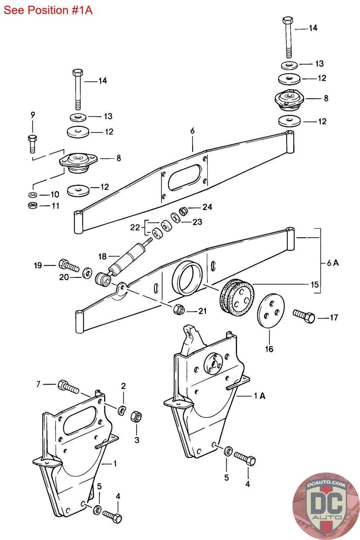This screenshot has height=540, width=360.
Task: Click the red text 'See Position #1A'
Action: [x=48, y=10]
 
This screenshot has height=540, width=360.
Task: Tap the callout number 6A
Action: [x=333, y=263]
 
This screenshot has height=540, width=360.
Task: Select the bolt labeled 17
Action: [x=304, y=316]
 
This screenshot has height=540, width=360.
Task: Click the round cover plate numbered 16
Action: [x=271, y=310]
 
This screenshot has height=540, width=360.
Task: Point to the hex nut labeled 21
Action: [x=179, y=309]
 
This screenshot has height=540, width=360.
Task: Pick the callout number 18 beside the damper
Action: [x=103, y=256]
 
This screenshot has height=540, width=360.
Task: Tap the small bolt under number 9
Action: [x=32, y=144]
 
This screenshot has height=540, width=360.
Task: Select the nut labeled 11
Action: [x=32, y=206]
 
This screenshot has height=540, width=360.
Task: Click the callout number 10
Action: [x=55, y=194]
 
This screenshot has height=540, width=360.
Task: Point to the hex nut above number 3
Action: [x=136, y=416]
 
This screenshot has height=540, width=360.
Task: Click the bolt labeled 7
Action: [x=68, y=387]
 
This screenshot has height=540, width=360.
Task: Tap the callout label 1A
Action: [x=260, y=396]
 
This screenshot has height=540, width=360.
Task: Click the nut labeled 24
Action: [x=183, y=211]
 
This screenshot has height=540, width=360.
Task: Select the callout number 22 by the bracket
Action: [x=135, y=227]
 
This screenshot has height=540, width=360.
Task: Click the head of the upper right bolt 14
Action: [x=288, y=21]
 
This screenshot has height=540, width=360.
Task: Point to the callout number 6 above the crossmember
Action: [x=192, y=131]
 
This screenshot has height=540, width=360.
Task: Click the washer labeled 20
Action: [x=87, y=272]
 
